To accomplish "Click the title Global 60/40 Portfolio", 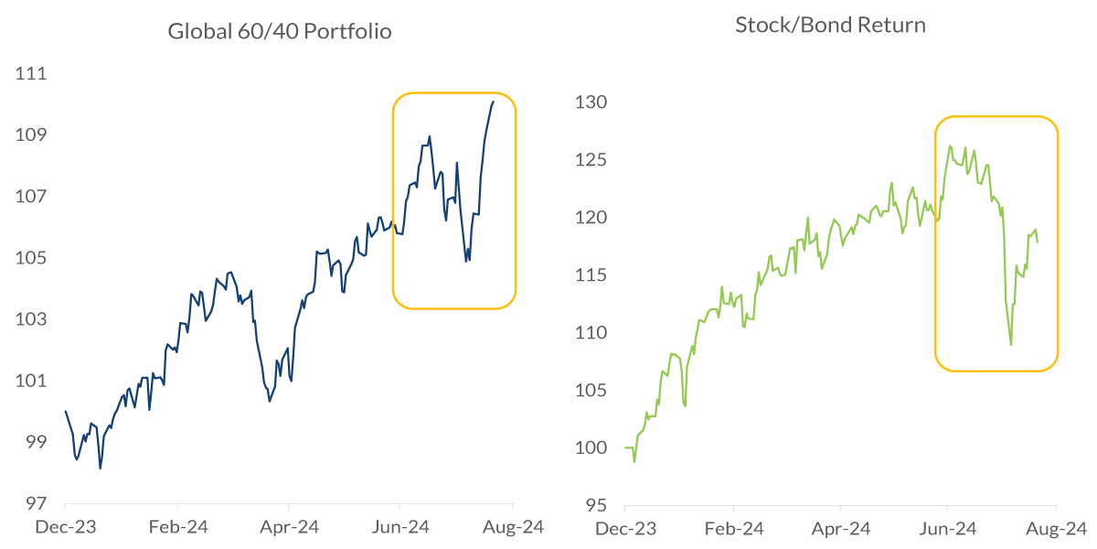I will point(279,32).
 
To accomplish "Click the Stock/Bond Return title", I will point(830,25).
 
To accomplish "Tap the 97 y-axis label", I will point(32,503).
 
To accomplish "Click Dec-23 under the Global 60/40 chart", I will point(66,527).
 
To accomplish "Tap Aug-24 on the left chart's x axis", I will point(513,527).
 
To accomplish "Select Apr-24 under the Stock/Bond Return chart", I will point(840,528).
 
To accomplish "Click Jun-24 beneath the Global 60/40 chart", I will point(400,527).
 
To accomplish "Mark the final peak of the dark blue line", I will point(494,102).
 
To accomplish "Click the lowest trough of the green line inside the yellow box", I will point(1011,345).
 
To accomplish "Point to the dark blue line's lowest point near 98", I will point(101,468).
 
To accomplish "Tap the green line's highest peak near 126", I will point(951,145).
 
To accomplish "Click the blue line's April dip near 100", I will point(269,401).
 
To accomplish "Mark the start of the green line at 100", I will point(625,447).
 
